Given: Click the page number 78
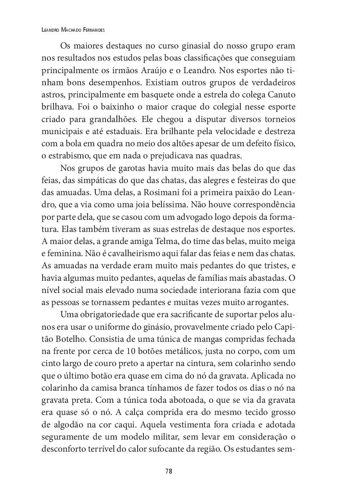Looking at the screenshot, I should tap(169, 471).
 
